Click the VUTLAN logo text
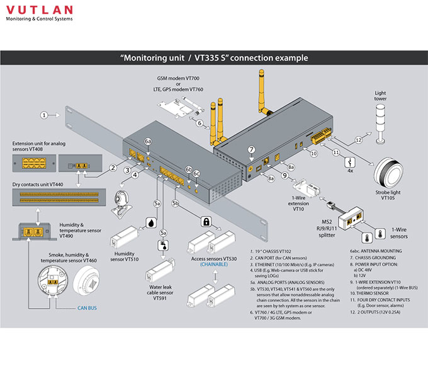pos(39,10)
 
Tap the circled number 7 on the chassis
pos(251,150)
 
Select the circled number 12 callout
pos(358,139)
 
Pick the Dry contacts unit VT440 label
pos(38,183)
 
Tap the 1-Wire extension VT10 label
pos(298,204)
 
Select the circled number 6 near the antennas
pos(199,123)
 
